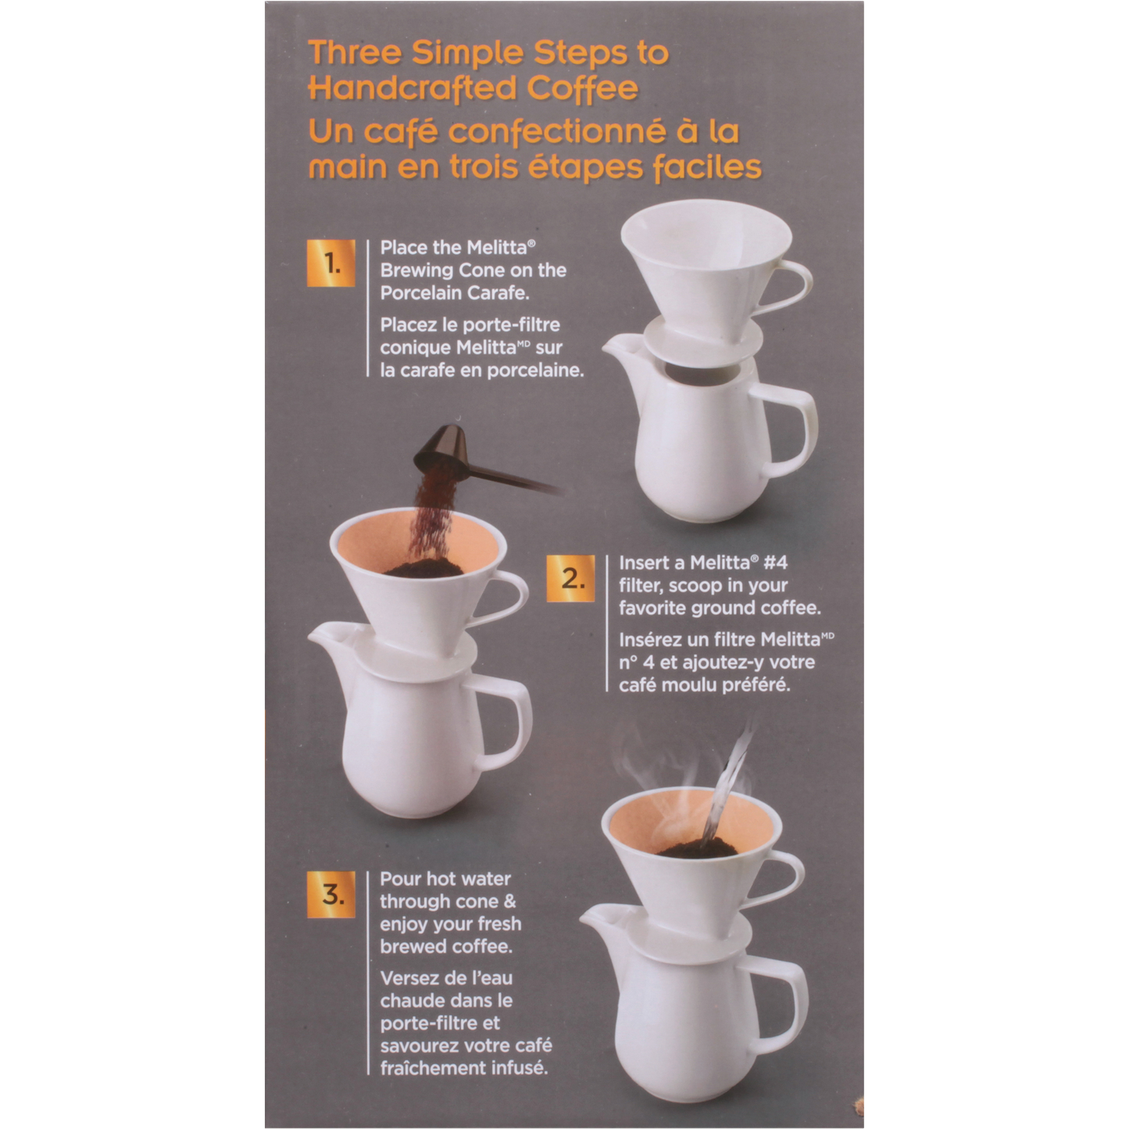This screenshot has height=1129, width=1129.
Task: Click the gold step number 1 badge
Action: click(331, 263)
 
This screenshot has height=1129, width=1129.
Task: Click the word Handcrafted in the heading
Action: click(412, 88)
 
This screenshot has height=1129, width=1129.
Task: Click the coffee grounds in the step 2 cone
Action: click(423, 567)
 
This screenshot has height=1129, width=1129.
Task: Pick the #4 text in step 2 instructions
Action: click(776, 563)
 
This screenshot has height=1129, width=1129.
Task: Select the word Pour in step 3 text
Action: click(400, 879)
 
